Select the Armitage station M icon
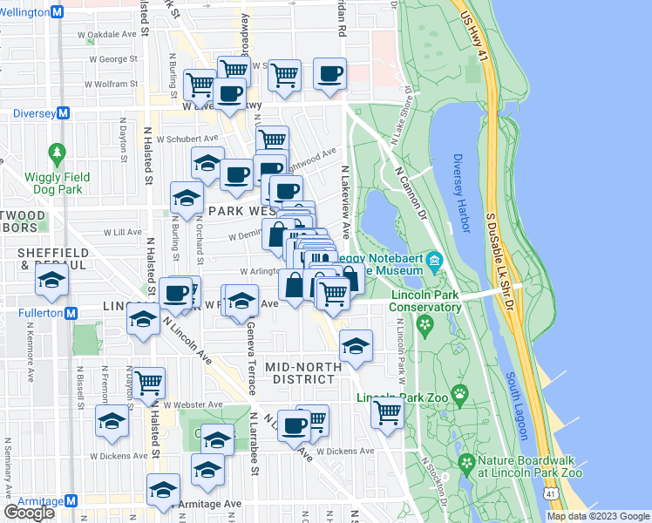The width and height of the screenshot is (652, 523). pyautogui.click(x=71, y=501)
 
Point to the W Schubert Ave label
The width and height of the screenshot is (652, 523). pyautogui.click(x=188, y=138)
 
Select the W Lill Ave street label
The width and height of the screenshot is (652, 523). pyautogui.click(x=122, y=233)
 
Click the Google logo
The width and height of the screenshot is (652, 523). pyautogui.click(x=30, y=513)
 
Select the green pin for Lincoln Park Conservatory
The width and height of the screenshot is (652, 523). pyautogui.click(x=424, y=326)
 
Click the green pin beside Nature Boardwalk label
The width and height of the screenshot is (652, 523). pyautogui.click(x=466, y=462)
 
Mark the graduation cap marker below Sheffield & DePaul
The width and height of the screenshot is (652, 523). pyautogui.click(x=53, y=281)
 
